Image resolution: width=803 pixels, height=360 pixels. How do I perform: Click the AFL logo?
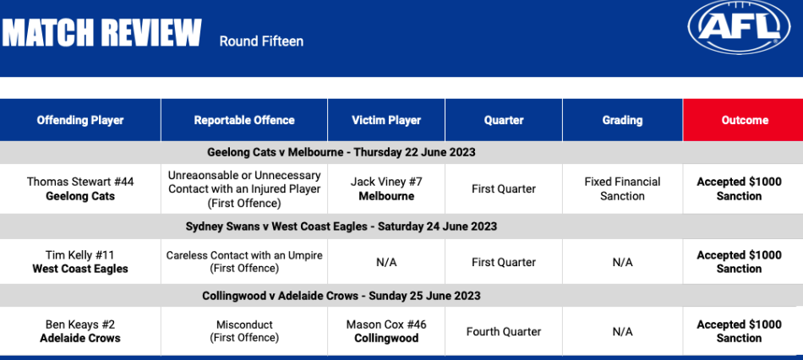click(739, 27)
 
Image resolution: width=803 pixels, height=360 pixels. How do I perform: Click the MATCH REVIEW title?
click(102, 34)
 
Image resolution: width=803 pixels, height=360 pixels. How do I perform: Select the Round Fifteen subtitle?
click(261, 41)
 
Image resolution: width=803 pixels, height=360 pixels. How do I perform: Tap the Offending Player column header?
click(80, 120)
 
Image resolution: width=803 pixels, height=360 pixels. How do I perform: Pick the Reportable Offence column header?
click(244, 120)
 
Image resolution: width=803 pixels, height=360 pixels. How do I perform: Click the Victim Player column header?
click(386, 120)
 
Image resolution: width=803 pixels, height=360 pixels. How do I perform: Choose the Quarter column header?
click(504, 120)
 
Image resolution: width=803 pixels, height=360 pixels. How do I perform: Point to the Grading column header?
click(622, 120)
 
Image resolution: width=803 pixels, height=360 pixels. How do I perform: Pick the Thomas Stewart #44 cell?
click(80, 189)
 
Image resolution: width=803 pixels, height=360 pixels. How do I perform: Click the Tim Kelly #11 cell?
click(80, 262)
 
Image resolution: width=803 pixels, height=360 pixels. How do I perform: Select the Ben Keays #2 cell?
click(80, 331)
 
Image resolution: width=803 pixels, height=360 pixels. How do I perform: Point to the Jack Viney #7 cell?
click(386, 188)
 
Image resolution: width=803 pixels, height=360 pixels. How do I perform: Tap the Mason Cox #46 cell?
click(386, 331)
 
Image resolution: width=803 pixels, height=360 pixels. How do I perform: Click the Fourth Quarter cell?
click(504, 332)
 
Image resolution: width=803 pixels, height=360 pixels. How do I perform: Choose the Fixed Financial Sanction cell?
click(622, 188)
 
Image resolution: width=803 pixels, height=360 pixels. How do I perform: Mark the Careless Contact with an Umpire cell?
click(244, 262)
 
